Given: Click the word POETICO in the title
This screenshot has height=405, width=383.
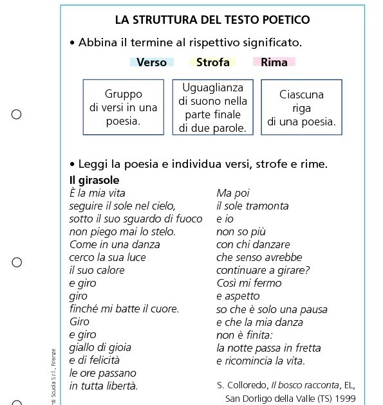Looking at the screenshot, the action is [283, 20].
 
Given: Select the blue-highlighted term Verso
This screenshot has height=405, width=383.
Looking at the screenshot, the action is [151, 62].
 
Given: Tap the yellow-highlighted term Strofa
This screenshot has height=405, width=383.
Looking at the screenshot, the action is [212, 62].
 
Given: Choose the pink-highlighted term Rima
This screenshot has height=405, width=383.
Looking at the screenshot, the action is [274, 62].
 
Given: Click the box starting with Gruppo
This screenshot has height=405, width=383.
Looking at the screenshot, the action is [124, 107].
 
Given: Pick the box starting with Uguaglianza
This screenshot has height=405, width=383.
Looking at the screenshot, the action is [212, 107].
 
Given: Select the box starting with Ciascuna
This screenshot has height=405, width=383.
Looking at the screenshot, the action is [301, 107].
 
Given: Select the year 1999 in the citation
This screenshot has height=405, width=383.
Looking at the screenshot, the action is [343, 398].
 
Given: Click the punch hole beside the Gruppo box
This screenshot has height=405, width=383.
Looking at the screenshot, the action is [17, 114].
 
